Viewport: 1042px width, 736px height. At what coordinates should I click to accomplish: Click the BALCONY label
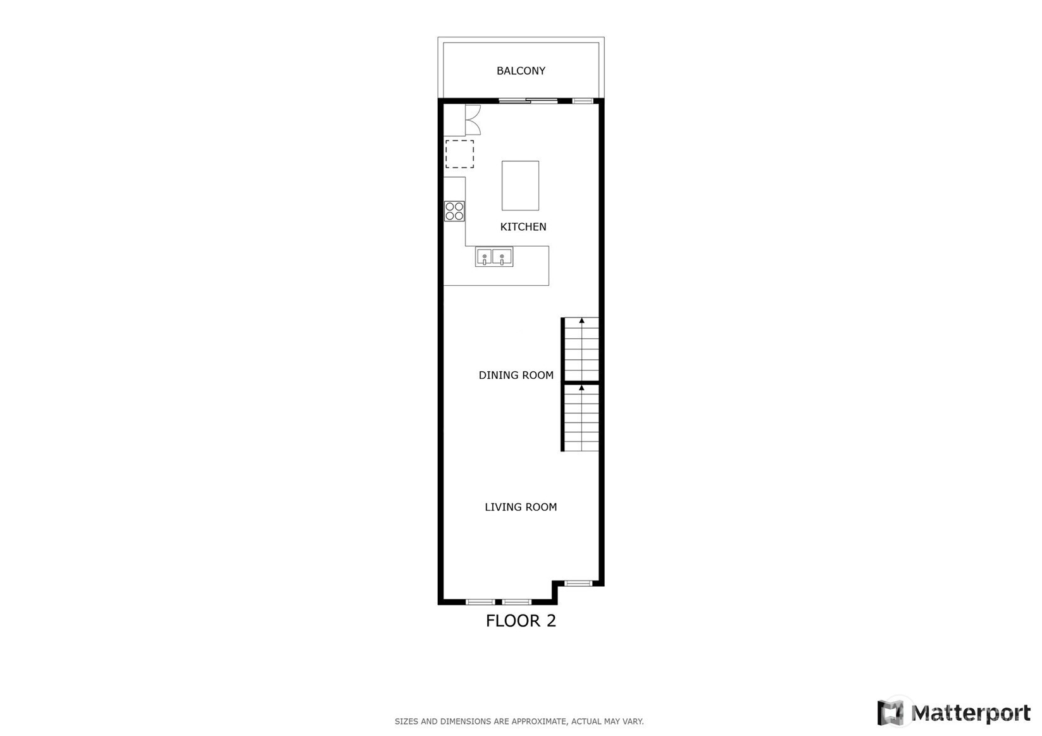coord(521,71)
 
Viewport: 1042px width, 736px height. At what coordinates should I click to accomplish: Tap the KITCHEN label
coord(523,227)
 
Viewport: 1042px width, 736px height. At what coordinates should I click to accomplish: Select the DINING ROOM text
coord(516,375)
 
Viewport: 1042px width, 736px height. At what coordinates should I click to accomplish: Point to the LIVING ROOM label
coord(521,507)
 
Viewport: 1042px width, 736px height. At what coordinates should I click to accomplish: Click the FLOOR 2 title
coord(521,621)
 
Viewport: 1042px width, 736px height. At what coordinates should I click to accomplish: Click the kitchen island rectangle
coord(520,185)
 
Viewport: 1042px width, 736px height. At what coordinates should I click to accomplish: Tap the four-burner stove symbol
coord(454,211)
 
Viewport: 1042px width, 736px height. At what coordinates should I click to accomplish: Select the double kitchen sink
coord(494,257)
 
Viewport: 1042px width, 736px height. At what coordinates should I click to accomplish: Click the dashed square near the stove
coord(459,154)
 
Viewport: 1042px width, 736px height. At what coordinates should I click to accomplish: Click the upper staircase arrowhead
coord(581,321)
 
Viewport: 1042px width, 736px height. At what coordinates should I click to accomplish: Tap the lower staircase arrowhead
coord(581,388)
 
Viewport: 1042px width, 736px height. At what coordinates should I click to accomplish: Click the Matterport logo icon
coord(890,713)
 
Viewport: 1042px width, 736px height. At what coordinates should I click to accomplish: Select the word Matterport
coord(971,713)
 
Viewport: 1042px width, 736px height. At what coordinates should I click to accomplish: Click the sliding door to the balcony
coord(528,101)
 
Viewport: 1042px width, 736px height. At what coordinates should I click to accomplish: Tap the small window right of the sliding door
coord(583,101)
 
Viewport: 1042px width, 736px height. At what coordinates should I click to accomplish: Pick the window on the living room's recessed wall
coord(578,583)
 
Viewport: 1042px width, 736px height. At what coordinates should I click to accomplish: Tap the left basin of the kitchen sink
coord(484,257)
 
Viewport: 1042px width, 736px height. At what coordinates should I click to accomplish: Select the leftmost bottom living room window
coord(481,602)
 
